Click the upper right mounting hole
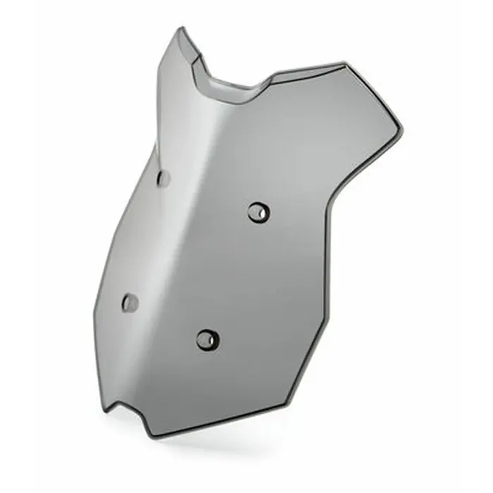(258, 211)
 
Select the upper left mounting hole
(163, 178)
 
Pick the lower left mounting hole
(130, 303)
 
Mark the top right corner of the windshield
(346, 64)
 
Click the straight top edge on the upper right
(310, 69)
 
